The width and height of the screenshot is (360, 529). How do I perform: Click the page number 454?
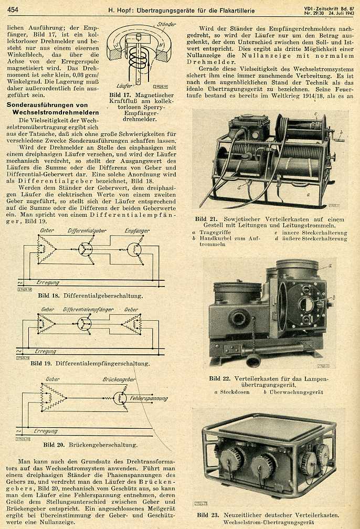pos(13,9)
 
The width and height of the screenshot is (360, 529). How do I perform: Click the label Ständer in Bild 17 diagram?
pos(166,24)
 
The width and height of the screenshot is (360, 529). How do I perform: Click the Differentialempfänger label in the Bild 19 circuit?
pos(88,310)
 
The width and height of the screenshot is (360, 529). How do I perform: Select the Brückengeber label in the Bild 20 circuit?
pos(120,379)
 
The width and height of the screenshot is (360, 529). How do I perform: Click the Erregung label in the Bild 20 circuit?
pos(46,431)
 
